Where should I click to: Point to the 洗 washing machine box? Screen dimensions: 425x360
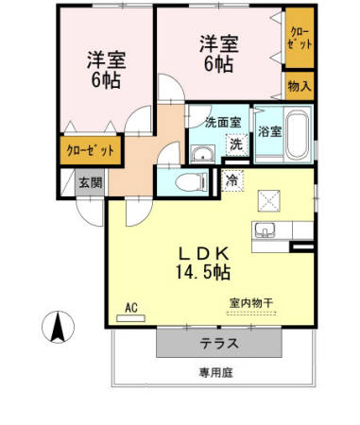pyautogui.click(x=235, y=145)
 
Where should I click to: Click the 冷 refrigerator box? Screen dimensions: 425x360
pyautogui.click(x=231, y=179)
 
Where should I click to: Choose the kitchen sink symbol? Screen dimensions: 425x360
pyautogui.click(x=263, y=231)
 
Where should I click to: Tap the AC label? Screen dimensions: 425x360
pyautogui.click(x=133, y=308)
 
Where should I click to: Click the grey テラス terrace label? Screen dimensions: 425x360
pyautogui.click(x=218, y=343)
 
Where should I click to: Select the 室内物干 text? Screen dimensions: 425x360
pyautogui.click(x=250, y=303)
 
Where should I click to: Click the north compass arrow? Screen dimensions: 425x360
pyautogui.click(x=57, y=327)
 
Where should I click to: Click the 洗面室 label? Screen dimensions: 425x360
pyautogui.click(x=223, y=121)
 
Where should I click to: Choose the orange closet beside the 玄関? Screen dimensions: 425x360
pyautogui.click(x=92, y=150)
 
